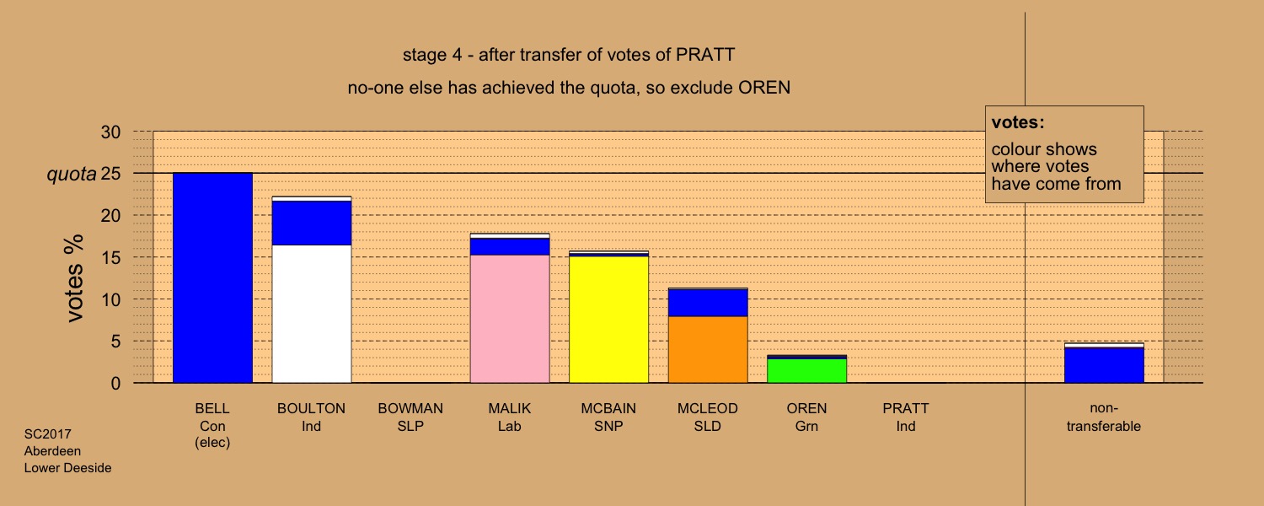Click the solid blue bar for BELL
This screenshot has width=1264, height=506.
pos(212,277)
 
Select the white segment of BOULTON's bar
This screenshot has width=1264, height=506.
pos(312,314)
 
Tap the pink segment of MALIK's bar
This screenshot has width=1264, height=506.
pos(510,319)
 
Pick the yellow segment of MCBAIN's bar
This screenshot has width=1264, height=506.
pos(609,320)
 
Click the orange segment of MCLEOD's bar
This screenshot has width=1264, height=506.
pos(708,350)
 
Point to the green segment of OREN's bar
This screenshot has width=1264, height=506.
pos(807,371)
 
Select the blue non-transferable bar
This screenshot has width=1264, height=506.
pos(1104,365)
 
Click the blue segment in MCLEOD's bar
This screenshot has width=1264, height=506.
pos(708,303)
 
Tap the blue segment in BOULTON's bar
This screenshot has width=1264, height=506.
pos(312,223)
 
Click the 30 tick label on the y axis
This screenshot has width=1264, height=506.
pos(110,132)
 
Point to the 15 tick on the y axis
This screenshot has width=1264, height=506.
pos(110,257)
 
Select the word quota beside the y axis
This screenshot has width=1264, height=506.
pos(71,175)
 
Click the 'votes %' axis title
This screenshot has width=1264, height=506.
pos(74,278)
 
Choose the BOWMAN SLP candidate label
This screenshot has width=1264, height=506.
pos(410,417)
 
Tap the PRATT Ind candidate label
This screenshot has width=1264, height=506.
pos(906,417)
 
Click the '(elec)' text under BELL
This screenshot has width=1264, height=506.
pos(212,442)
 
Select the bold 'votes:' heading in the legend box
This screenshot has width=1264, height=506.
pos(1018,122)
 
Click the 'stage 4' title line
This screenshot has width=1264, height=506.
pos(569,55)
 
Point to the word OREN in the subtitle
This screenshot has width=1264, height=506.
pos(764,88)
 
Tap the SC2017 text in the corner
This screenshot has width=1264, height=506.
pos(47,433)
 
